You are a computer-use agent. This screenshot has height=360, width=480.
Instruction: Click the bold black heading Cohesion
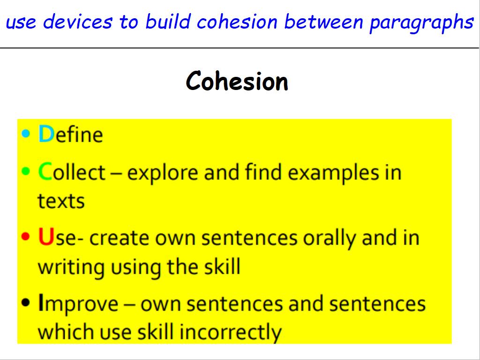point(237,81)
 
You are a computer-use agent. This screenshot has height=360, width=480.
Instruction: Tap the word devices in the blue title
point(78,22)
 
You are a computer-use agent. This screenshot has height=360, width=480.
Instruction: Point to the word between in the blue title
point(323,22)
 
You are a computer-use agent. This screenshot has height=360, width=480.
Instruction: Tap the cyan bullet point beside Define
point(26,134)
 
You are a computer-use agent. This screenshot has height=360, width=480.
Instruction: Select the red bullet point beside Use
point(26,236)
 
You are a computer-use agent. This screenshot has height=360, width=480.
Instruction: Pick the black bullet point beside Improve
point(26,302)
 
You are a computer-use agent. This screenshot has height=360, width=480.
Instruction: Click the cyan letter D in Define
point(46,134)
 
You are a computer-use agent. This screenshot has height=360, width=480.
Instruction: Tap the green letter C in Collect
point(45,172)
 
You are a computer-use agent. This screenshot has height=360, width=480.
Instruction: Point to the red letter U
point(46,237)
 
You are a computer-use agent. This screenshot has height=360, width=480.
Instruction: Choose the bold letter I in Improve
point(40,302)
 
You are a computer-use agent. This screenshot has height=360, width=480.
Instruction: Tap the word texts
point(61,201)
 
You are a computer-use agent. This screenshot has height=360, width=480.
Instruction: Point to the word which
point(66,332)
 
